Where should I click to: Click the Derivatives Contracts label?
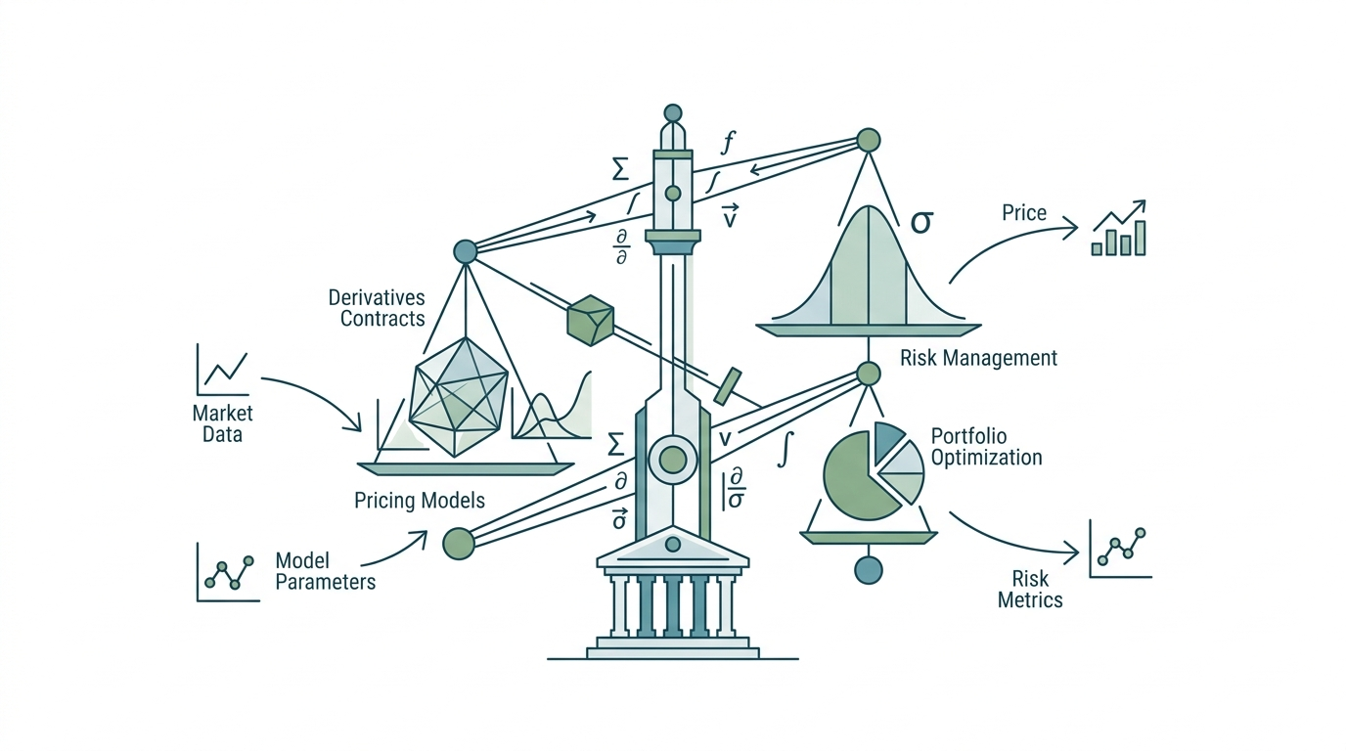tap(377, 308)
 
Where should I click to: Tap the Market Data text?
tap(222, 423)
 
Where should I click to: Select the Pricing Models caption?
tap(420, 500)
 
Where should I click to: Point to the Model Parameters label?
tap(325, 571)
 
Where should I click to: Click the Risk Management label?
tap(978, 358)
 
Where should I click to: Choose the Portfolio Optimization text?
tap(986, 446)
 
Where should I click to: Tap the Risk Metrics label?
tap(1030, 590)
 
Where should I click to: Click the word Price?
tap(1024, 212)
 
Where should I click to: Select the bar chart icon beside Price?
tap(1119, 228)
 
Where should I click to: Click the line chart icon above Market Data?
tap(222, 370)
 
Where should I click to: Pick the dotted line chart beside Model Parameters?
tap(228, 572)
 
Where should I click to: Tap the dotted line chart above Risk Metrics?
tap(1120, 549)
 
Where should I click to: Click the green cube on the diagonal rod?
tap(590, 320)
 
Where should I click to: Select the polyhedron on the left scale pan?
tap(458, 397)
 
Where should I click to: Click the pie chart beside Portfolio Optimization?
tap(874, 470)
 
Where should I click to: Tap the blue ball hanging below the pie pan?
tap(869, 569)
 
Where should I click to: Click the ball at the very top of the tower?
tap(672, 113)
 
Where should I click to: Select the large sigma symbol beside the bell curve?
tap(921, 222)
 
